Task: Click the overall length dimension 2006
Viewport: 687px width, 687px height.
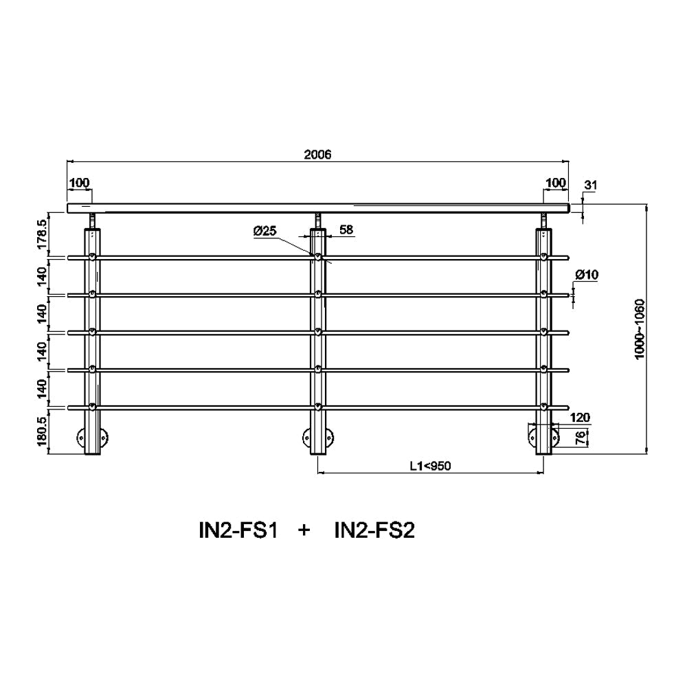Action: point(317,154)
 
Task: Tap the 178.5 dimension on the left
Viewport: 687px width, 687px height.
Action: point(42,234)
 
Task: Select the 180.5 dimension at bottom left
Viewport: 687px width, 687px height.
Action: point(42,431)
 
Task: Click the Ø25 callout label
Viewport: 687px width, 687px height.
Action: point(264,230)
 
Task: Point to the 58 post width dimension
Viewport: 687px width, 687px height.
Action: point(346,229)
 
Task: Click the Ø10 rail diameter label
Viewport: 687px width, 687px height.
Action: point(587,275)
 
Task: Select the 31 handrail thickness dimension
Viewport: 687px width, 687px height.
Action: point(591,185)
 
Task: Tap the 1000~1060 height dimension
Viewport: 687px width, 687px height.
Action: point(640,329)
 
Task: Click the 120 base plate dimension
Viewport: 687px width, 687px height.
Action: point(580,418)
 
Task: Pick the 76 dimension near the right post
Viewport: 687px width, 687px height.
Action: point(581,438)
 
